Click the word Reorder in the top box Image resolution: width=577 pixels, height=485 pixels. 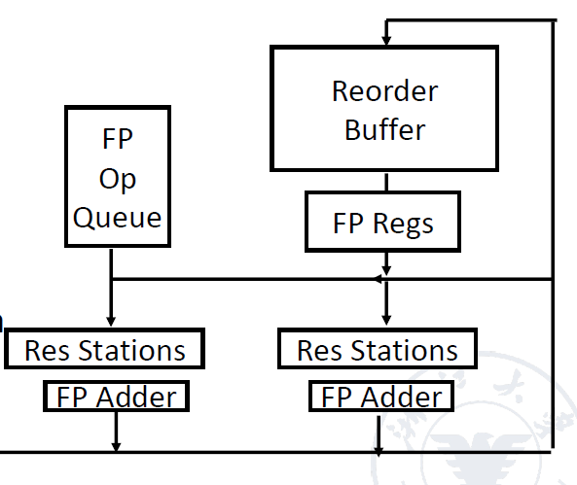tap(385, 90)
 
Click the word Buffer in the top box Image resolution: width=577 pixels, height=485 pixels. tap(385, 129)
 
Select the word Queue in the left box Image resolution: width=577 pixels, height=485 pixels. tap(117, 218)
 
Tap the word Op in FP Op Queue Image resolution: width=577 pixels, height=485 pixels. tap(118, 180)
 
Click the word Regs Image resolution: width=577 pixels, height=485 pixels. tap(403, 224)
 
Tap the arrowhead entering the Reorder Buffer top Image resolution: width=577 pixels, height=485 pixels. tap(386, 40)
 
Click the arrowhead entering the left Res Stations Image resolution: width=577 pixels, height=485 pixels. tap(111, 321)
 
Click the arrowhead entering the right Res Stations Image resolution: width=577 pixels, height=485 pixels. tap(386, 320)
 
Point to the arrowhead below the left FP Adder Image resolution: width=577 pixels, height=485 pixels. tap(116, 447)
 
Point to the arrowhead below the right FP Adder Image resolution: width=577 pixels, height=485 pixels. tap(379, 452)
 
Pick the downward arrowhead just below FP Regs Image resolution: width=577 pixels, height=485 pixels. tap(386, 270)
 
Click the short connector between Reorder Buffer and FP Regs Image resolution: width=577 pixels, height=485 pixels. tap(386, 182)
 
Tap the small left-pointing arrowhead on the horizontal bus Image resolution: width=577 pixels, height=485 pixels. tap(379, 279)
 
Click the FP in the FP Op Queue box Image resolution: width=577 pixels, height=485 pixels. tap(118, 139)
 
